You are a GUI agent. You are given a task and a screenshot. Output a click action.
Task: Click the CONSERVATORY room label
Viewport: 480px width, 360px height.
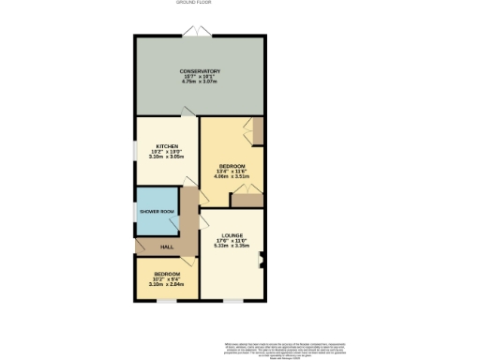[201, 70]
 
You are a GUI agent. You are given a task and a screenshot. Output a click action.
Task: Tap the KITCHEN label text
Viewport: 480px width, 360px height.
[168, 146]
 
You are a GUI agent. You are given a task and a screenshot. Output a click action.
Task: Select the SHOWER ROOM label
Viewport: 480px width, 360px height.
[157, 212]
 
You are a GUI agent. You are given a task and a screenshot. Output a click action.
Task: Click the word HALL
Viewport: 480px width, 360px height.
[166, 247]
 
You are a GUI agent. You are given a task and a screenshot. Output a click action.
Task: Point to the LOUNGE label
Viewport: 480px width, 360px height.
[232, 234]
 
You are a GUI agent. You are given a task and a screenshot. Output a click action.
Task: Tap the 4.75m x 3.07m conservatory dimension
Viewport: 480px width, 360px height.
[201, 82]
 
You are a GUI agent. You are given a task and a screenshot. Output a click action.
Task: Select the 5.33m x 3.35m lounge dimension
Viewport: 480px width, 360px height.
[232, 246]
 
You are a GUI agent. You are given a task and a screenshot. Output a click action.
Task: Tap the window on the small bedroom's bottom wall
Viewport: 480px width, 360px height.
[167, 300]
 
